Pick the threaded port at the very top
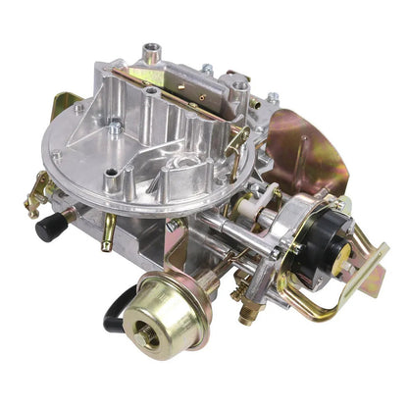click(x=151, y=50)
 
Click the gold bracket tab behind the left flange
click(x=65, y=104)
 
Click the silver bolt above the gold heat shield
click(x=273, y=98)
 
